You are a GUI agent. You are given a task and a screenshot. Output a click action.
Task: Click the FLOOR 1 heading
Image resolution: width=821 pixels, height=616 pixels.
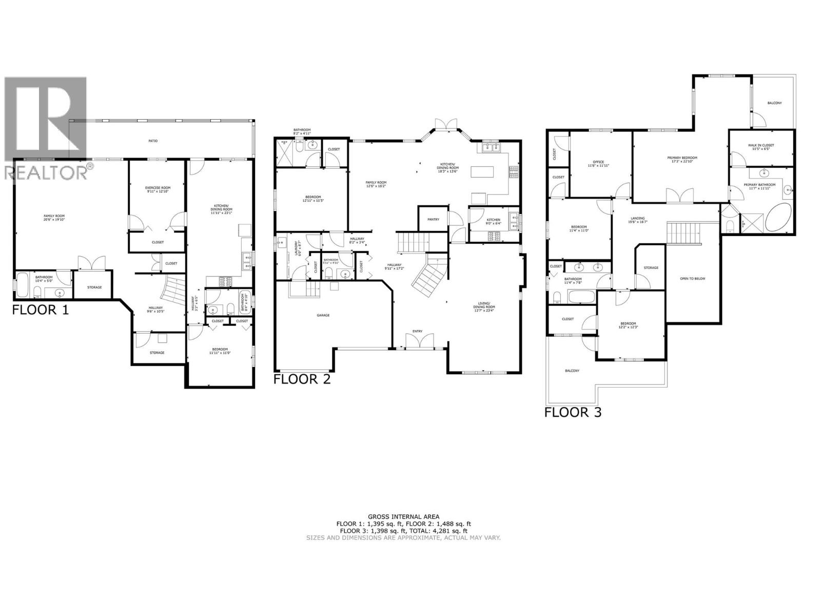point(40,310)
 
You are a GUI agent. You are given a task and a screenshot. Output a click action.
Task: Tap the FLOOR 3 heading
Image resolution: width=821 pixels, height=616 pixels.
point(573,412)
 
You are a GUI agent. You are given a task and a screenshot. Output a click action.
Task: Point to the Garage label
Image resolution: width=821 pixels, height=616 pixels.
point(323,315)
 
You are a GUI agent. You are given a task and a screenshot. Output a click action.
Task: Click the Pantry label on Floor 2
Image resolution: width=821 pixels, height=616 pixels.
point(433,219)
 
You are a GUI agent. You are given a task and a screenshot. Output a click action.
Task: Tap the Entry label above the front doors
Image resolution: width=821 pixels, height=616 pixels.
point(417,331)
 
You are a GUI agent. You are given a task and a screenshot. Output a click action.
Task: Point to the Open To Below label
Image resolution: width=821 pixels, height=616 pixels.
point(692,278)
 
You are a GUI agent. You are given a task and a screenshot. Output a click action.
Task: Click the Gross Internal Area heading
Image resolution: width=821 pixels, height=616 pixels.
point(403,517)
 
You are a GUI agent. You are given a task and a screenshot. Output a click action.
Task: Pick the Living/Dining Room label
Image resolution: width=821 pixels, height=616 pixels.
point(483,307)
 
